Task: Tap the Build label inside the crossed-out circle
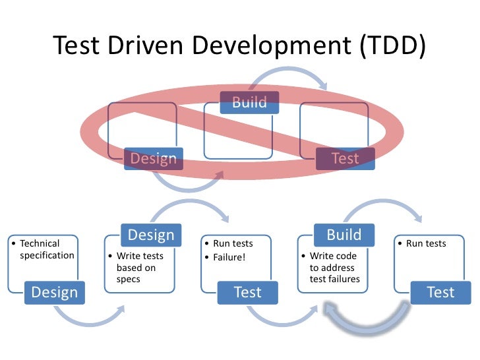point(249,102)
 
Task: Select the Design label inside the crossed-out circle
point(154,158)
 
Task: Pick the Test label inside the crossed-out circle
point(345,158)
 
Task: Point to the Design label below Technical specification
point(55,292)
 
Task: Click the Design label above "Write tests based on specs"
point(151,235)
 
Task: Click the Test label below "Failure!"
point(248,292)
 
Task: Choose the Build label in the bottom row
point(344,235)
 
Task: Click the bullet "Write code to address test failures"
point(332,268)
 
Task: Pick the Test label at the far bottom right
point(440,292)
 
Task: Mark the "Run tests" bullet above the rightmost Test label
point(426,244)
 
